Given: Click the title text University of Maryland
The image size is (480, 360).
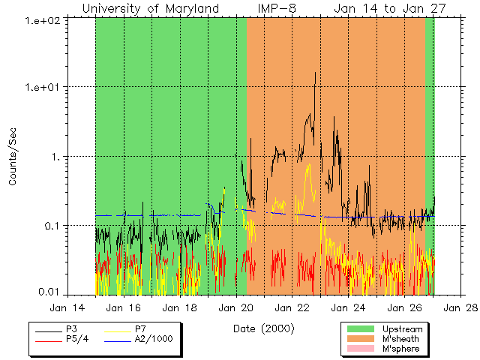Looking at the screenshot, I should (151, 8).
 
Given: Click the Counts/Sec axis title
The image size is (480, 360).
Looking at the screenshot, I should (13, 157).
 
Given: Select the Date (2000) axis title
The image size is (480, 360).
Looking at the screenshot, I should (264, 328).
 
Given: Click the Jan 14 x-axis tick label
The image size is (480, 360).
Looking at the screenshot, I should (67, 307).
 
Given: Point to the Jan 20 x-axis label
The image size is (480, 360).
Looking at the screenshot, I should (236, 307).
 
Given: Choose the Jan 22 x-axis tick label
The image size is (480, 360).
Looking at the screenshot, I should (292, 307).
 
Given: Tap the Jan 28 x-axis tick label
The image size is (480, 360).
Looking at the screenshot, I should (461, 307).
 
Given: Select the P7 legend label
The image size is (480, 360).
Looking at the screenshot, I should (140, 328).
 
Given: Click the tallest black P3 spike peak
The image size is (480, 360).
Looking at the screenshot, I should (315, 73).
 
